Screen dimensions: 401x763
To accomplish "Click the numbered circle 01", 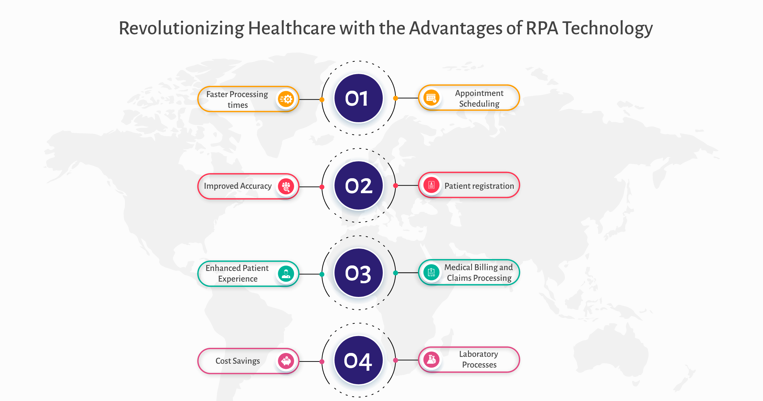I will pyautogui.click(x=359, y=98).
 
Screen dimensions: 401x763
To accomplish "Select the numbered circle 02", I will pyautogui.click(x=359, y=186).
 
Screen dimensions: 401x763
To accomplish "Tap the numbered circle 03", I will pyautogui.click(x=359, y=273).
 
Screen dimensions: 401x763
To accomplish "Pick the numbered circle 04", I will pyautogui.click(x=359, y=361).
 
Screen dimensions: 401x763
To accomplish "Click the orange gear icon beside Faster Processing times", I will pyautogui.click(x=286, y=99).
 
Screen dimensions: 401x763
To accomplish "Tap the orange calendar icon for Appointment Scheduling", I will pyautogui.click(x=431, y=98).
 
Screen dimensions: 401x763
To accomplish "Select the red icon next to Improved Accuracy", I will pyautogui.click(x=286, y=186).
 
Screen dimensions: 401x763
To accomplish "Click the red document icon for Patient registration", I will pyautogui.click(x=431, y=185).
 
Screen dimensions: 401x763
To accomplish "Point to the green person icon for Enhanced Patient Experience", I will pyautogui.click(x=286, y=274).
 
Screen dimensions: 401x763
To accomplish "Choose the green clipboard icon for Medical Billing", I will pyautogui.click(x=431, y=272).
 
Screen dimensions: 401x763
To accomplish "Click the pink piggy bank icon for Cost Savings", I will pyautogui.click(x=286, y=361).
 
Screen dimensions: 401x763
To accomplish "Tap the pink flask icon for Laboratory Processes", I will pyautogui.click(x=431, y=360).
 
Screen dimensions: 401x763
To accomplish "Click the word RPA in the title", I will pyautogui.click(x=542, y=28).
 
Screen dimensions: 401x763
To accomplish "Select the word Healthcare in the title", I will pyautogui.click(x=292, y=28).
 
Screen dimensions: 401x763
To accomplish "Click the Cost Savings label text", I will pyautogui.click(x=238, y=361).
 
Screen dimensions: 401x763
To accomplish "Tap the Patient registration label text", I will pyautogui.click(x=479, y=186).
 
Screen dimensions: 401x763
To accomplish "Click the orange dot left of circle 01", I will pyautogui.click(x=322, y=100).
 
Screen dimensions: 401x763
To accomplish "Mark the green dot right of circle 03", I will pyautogui.click(x=395, y=273).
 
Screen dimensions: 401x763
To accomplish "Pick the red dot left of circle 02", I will pyautogui.click(x=322, y=187).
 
